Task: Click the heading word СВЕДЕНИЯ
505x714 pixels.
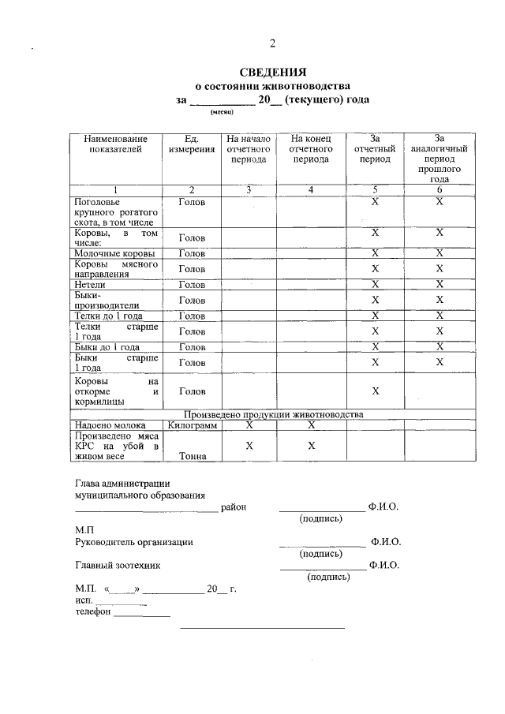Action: (x=272, y=73)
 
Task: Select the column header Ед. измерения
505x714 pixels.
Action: (x=191, y=143)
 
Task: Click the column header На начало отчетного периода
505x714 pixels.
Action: (x=249, y=148)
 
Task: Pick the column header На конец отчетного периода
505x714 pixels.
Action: (x=311, y=148)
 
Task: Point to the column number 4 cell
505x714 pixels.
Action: (x=311, y=189)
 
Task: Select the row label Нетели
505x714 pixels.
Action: (x=90, y=284)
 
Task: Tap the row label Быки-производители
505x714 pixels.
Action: (x=107, y=300)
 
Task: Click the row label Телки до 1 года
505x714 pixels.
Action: (x=109, y=316)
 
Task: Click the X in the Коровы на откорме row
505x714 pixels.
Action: (x=375, y=391)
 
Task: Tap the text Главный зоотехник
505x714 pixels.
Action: (x=117, y=565)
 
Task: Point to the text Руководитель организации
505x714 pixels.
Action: (x=134, y=542)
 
